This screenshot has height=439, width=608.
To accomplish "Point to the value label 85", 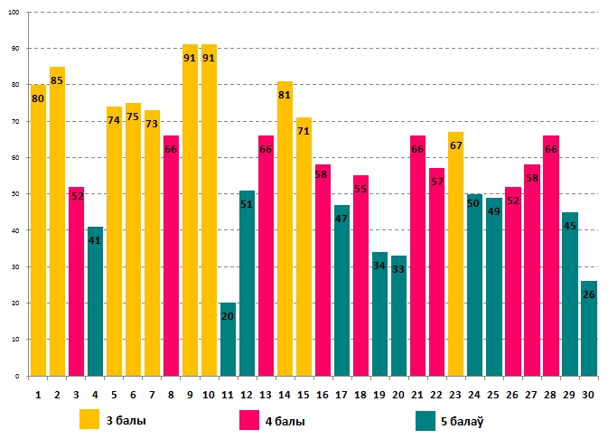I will pos(57,80).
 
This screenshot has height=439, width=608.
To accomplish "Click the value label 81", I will pos(285,95).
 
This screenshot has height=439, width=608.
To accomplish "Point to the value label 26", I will pos(588,295).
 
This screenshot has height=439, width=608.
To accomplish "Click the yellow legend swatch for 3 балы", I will pos(89,420).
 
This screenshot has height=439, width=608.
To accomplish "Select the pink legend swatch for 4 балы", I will pos(249,420).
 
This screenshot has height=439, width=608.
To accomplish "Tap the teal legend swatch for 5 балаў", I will pos(426,420).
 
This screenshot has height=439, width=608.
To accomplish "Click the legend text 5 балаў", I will pos(470,421).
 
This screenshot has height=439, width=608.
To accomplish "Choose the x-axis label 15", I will pos(304,394).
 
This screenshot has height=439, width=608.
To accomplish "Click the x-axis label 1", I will pos(38,394).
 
